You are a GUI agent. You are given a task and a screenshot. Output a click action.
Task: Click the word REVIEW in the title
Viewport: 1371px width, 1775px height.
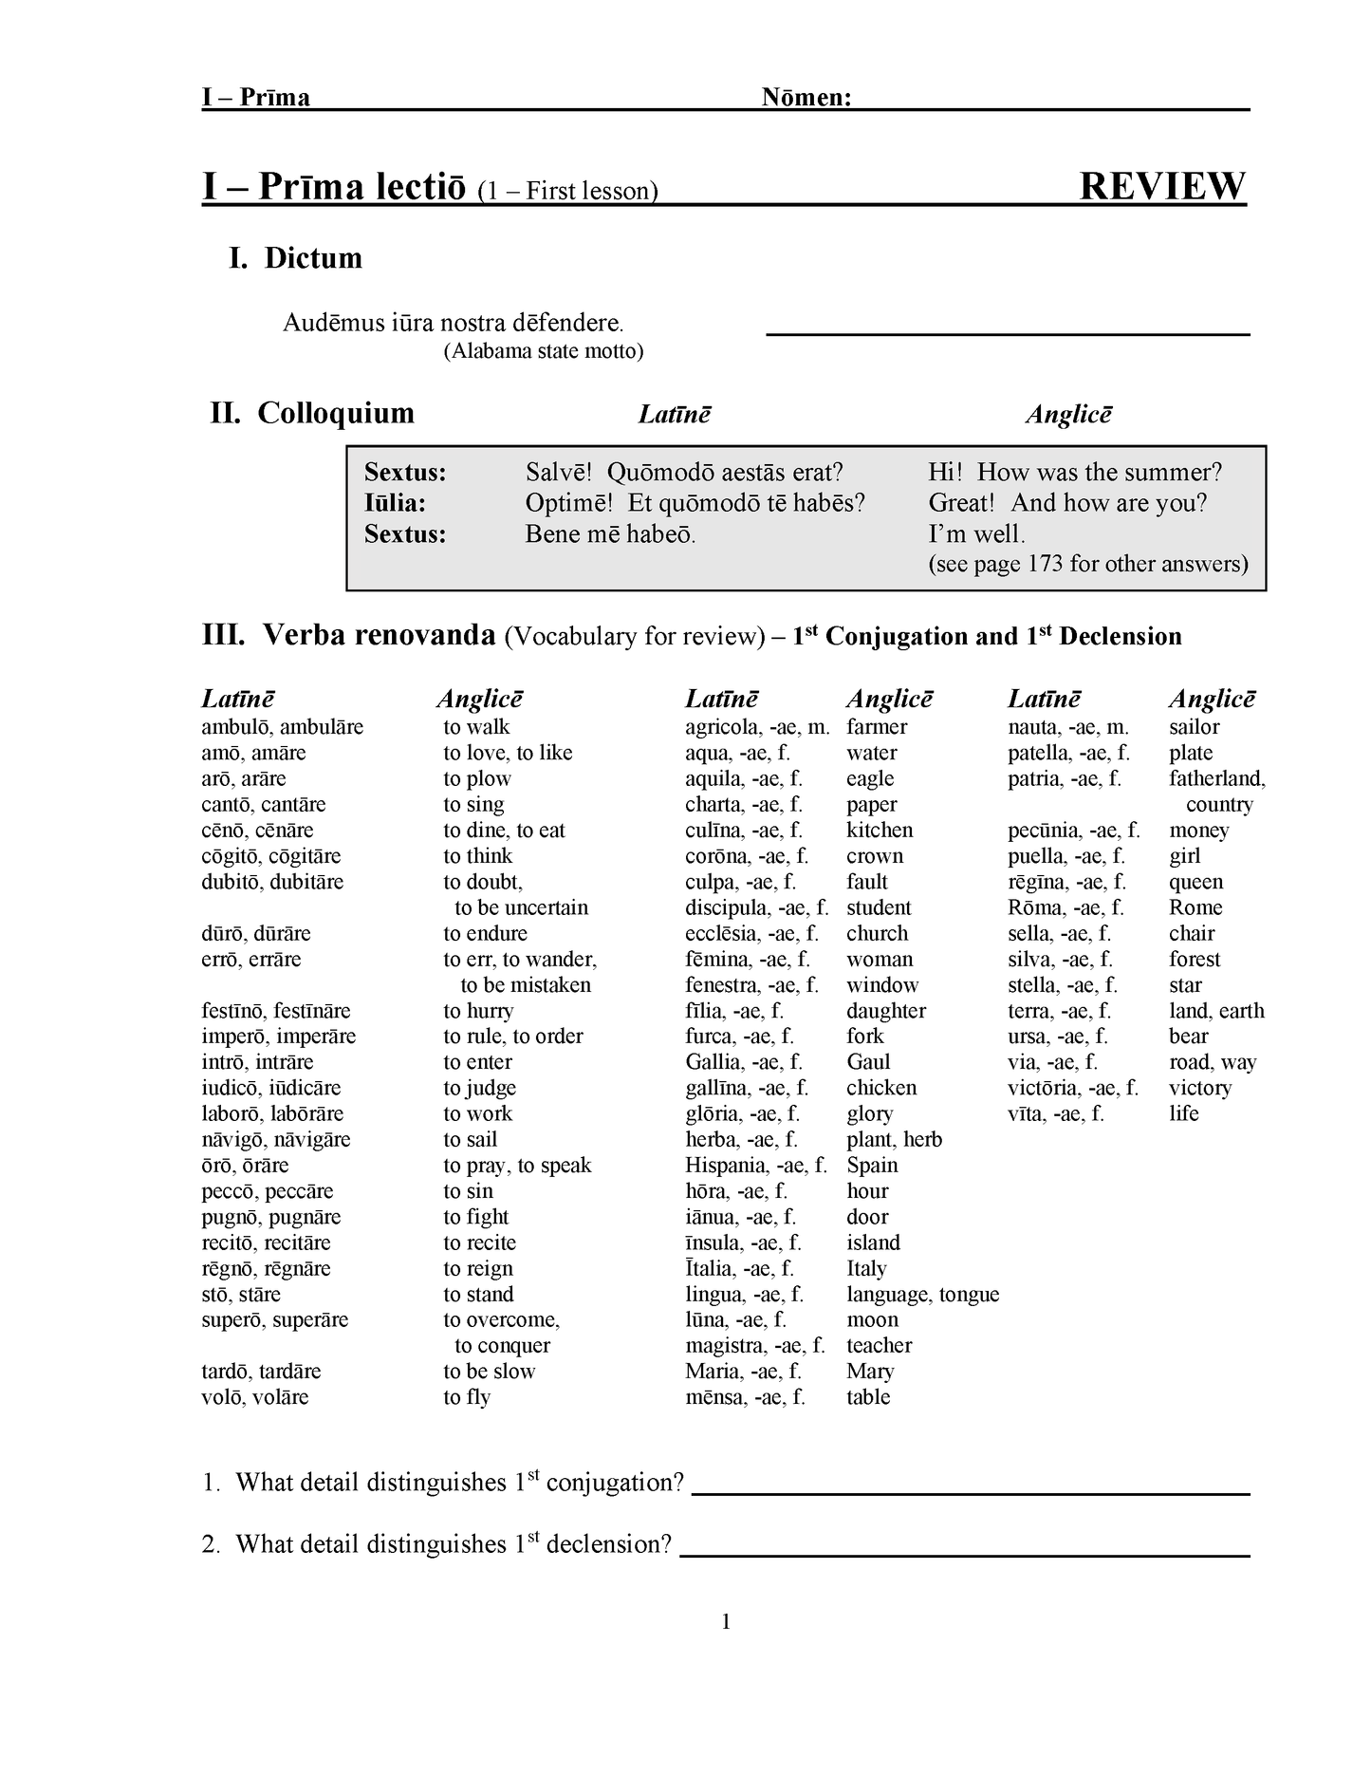[x=1162, y=186]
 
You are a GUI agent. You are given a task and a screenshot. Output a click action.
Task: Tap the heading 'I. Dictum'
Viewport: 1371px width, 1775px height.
[x=295, y=258]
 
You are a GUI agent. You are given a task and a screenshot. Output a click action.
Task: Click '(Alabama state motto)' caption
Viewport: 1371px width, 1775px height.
[x=544, y=351]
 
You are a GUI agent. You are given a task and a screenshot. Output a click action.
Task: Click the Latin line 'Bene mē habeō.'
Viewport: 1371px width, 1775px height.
[x=610, y=533]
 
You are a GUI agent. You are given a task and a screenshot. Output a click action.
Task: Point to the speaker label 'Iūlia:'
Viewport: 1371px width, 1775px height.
[x=395, y=503]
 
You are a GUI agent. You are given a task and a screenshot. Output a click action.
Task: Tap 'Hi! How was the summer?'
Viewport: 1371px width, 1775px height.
[x=1074, y=473]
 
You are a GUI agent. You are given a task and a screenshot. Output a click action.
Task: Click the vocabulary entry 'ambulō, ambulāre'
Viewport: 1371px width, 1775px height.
[x=282, y=727]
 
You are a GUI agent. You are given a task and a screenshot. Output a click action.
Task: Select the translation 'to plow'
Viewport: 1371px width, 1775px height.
[x=476, y=778]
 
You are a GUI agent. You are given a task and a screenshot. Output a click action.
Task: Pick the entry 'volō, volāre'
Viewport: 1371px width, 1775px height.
[x=254, y=1397]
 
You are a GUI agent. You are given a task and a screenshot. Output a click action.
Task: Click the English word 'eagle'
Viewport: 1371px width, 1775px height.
[x=870, y=778]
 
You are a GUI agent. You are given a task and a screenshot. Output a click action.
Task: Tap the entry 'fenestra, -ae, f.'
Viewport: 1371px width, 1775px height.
[x=751, y=985]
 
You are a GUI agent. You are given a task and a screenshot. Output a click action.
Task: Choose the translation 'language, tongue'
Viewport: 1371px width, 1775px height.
[x=922, y=1295]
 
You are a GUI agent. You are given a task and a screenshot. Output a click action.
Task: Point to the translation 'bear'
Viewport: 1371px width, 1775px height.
[x=1188, y=1037]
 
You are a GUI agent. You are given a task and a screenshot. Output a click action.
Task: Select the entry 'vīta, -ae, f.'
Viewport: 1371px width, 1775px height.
[x=1055, y=1113]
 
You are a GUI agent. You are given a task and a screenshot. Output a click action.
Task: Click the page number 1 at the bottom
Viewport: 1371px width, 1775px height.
[x=726, y=1622]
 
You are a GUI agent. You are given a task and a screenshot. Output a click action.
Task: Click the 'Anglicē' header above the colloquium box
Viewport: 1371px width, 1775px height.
[x=1068, y=415]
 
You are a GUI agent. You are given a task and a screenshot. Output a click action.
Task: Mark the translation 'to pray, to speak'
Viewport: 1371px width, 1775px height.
[x=517, y=1166]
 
